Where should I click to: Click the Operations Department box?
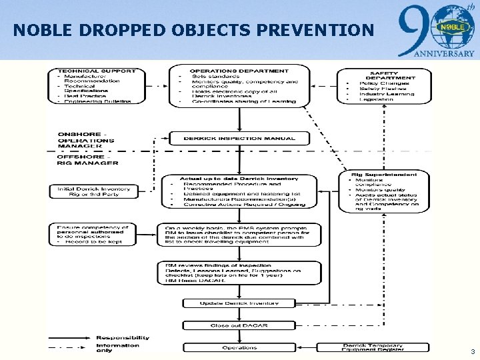coord(239,85)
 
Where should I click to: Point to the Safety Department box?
coord(385,86)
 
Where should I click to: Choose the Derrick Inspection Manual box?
coord(239,139)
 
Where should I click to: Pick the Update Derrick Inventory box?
coord(239,303)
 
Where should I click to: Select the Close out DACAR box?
coord(239,325)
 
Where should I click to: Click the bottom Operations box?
coord(239,347)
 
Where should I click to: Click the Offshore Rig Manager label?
coord(87,160)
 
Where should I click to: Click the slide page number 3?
coord(472,351)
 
